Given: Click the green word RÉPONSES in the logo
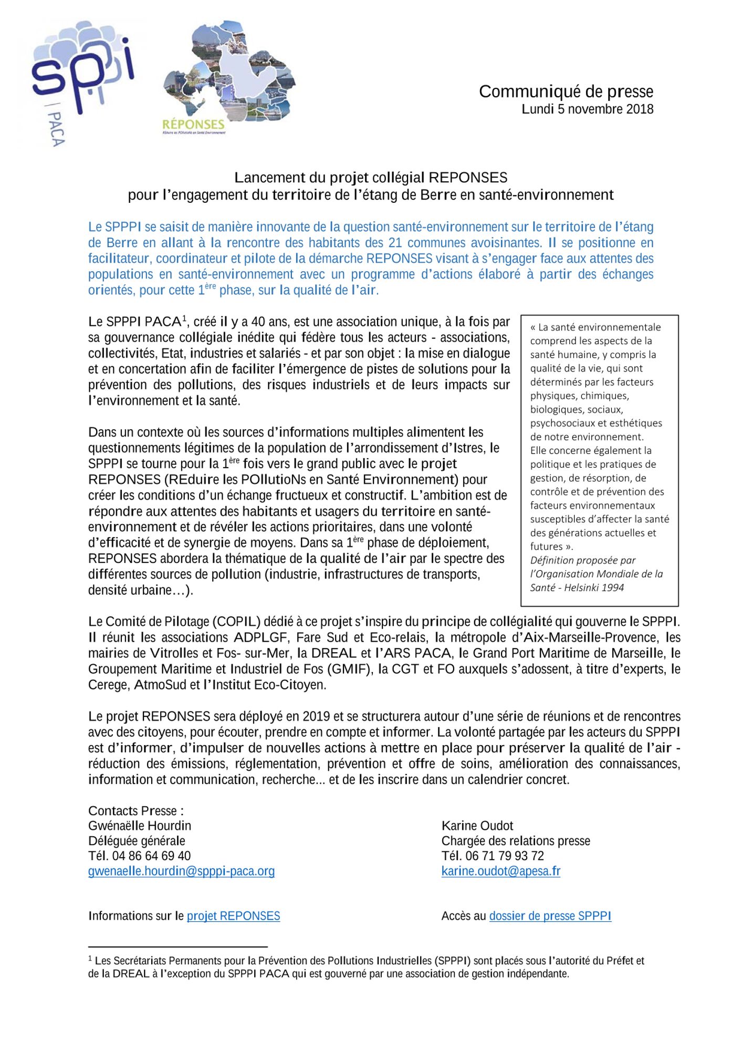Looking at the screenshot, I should tap(193, 125).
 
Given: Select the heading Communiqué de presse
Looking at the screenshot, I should tap(566, 91).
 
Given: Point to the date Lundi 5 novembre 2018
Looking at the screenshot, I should tap(587, 109).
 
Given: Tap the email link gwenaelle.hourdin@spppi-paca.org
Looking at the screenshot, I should tap(181, 871).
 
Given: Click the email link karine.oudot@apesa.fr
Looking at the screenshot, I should tap(500, 871).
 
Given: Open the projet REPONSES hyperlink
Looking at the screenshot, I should tap(233, 916).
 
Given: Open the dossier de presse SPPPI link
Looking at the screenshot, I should tap(550, 916).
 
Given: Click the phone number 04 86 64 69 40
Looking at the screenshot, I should tap(151, 856).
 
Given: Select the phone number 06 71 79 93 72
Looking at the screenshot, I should tap(504, 856).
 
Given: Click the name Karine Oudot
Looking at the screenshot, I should tap(477, 826).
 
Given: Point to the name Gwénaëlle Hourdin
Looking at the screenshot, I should tap(139, 826).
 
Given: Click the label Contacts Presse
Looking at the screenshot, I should tap(135, 811).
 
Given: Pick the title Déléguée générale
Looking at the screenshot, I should tap(137, 841).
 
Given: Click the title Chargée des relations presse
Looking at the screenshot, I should tap(515, 841).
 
